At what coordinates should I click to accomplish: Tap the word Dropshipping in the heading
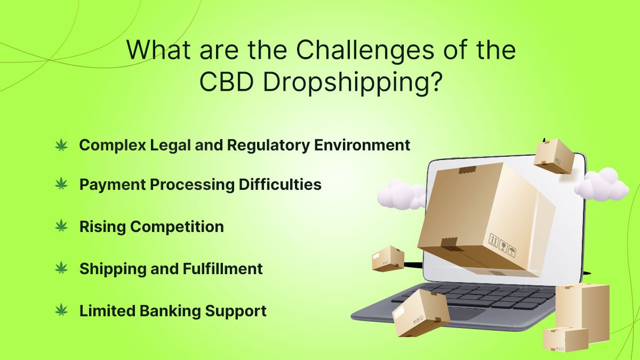pyautogui.click(x=353, y=82)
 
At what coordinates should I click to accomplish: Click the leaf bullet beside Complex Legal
pyautogui.click(x=61, y=145)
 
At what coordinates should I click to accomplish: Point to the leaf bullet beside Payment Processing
pyautogui.click(x=61, y=183)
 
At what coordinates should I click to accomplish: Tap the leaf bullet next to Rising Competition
pyautogui.click(x=61, y=226)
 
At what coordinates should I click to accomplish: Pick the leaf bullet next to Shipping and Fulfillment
pyautogui.click(x=61, y=268)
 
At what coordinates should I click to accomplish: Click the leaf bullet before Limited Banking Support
pyautogui.click(x=61, y=310)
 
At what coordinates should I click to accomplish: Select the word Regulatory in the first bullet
pyautogui.click(x=268, y=146)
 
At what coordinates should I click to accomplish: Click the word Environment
pyautogui.click(x=362, y=145)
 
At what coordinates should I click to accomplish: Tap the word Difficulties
pyautogui.click(x=280, y=185)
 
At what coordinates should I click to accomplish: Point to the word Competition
pyautogui.click(x=177, y=227)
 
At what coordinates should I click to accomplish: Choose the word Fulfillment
pyautogui.click(x=222, y=269)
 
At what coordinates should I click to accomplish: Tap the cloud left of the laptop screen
pyautogui.click(x=401, y=195)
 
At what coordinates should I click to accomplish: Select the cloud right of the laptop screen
pyautogui.click(x=602, y=185)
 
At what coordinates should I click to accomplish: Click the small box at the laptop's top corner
pyautogui.click(x=554, y=156)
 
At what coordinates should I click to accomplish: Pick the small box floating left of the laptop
pyautogui.click(x=388, y=259)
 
